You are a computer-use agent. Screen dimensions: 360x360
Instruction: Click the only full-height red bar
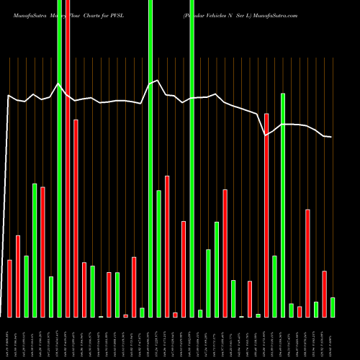68,158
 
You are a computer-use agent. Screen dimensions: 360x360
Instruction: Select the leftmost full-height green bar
60,158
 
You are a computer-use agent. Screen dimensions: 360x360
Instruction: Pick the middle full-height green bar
150,158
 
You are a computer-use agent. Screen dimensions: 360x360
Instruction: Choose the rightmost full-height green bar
192,158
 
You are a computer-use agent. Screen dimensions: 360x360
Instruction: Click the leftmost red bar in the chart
10,288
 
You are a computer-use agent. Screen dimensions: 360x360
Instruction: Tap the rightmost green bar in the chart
333,307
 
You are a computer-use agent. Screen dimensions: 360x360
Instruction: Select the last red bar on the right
324,294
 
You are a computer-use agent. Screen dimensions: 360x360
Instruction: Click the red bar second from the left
18,276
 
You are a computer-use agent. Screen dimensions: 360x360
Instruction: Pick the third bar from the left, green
27,286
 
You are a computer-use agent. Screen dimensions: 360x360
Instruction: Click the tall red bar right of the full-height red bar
76,218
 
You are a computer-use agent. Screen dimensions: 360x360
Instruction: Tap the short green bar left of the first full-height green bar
51,297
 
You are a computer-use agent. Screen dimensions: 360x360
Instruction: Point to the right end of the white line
331,137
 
